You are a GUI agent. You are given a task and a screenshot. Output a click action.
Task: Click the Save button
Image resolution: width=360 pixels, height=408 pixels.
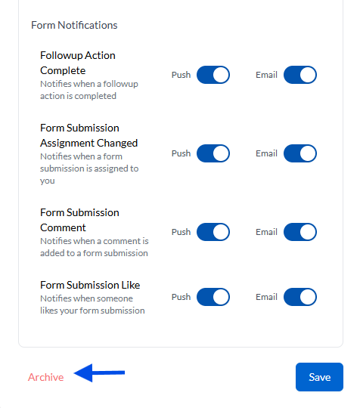point(319,377)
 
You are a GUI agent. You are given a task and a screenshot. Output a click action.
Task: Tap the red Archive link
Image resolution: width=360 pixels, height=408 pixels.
point(46,377)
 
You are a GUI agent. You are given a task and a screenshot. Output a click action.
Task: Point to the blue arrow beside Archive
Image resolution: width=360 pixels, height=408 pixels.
point(99,373)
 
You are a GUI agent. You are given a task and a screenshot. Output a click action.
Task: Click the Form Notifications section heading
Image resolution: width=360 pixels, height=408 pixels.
point(74,25)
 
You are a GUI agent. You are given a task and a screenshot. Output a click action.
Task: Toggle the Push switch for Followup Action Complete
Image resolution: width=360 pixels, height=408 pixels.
point(213,75)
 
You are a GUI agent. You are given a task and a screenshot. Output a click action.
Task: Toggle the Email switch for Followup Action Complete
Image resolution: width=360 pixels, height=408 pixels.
point(300,75)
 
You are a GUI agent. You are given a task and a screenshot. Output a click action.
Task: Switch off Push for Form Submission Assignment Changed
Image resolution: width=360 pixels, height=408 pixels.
point(213,153)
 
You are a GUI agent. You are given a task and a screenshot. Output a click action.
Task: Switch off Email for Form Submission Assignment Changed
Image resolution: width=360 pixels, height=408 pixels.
point(300,153)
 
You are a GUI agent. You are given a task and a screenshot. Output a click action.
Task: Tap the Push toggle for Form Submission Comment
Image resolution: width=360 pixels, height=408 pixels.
point(213,232)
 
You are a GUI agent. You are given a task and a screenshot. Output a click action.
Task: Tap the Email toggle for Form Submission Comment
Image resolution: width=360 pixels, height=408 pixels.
point(300,232)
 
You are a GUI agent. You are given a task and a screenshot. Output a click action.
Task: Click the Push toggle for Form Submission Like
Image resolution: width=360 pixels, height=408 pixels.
point(213,297)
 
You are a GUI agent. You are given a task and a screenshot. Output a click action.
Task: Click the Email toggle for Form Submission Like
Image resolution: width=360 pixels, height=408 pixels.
point(300,297)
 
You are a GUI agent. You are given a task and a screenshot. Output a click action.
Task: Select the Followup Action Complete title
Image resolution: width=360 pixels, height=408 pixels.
point(78,63)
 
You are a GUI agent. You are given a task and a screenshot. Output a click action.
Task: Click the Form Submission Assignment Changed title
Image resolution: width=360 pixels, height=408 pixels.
point(88,135)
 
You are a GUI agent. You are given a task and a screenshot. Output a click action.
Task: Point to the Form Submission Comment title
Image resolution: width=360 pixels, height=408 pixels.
point(79,220)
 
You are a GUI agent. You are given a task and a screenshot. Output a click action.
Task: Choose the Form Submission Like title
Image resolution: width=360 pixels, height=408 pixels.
point(90,285)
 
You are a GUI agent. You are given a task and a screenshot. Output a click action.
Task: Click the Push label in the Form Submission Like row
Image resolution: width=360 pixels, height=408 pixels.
point(181,297)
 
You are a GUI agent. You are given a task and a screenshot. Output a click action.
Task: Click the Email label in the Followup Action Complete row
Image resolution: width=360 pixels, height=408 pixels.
point(266,75)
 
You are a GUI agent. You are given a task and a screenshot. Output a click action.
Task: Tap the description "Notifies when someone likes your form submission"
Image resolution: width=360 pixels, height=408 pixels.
point(92,304)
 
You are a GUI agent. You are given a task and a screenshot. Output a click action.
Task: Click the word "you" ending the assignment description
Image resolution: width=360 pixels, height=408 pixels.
point(48,181)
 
